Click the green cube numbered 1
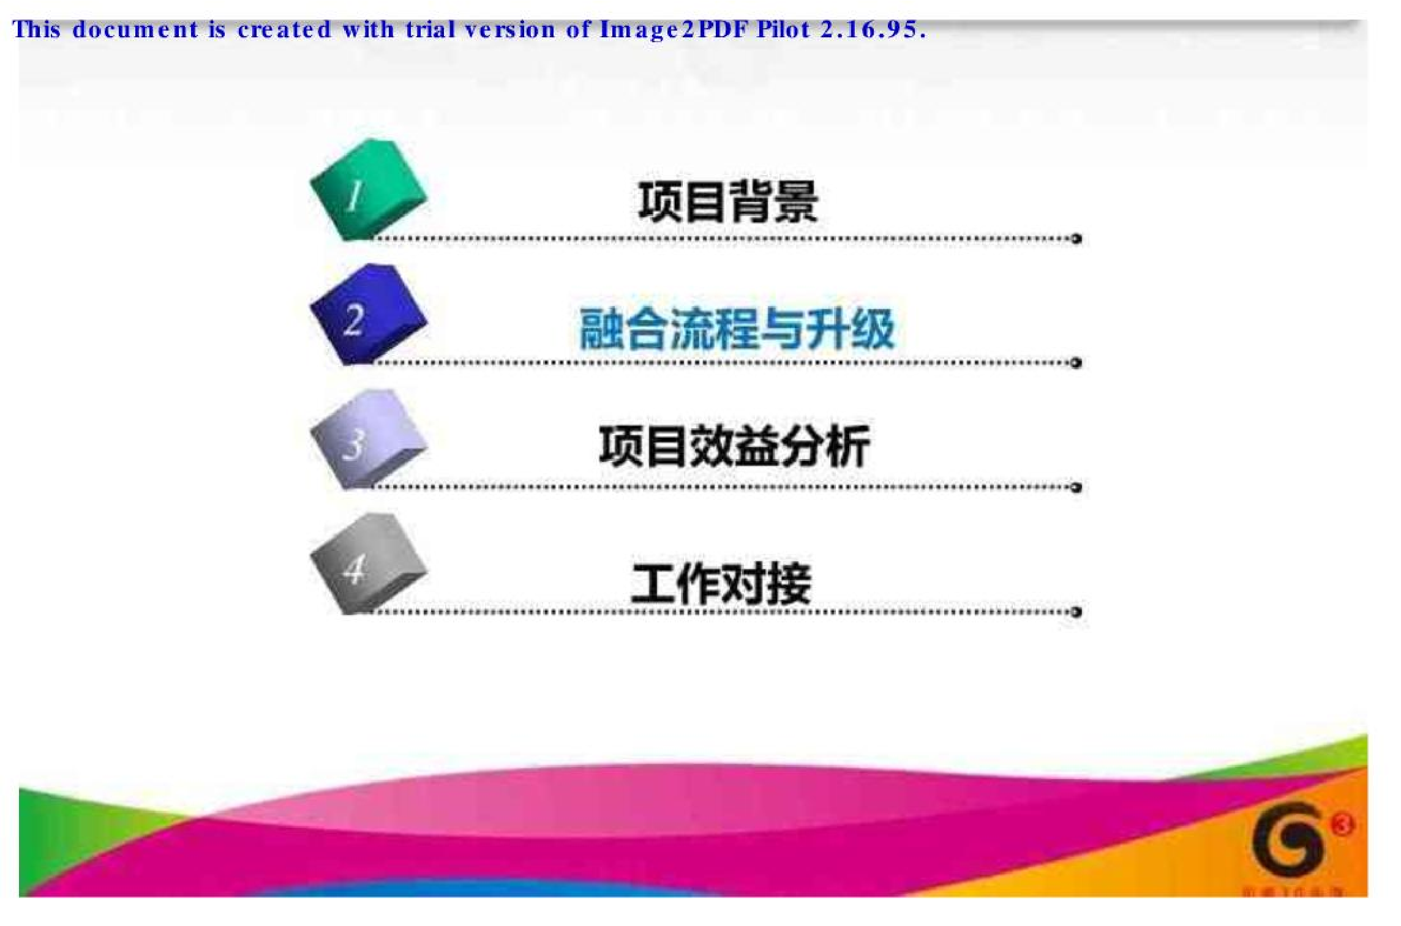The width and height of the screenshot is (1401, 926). pos(367,190)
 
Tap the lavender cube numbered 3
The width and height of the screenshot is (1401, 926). pos(367,439)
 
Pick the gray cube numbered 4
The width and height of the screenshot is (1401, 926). pos(367,564)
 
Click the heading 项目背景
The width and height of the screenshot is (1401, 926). pos(728,202)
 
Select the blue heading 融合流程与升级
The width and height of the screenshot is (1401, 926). pos(737,329)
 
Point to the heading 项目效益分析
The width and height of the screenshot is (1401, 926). pos(734,446)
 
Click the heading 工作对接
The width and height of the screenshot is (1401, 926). pos(721,583)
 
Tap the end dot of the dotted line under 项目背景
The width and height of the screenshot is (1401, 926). pos(1076,239)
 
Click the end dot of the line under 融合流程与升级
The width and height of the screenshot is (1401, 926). pos(1076,363)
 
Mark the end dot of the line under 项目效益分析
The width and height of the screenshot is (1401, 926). pos(1076,487)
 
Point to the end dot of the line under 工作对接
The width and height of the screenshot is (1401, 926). pos(1076,612)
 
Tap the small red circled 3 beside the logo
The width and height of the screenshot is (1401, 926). pos(1342,825)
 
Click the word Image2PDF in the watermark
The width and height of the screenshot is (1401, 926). pos(674,29)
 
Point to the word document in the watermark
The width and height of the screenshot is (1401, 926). pos(135,29)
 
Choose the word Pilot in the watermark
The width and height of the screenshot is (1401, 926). pos(783,29)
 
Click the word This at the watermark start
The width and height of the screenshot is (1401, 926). pos(36,29)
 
